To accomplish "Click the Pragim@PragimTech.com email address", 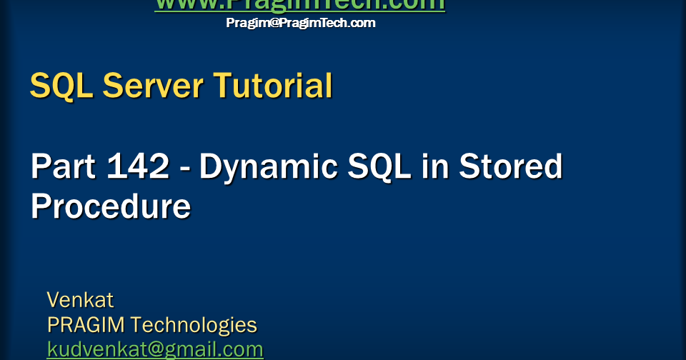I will (300, 23).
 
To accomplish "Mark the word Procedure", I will (111, 207).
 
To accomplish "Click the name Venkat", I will (80, 299).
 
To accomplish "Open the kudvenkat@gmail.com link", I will (155, 349).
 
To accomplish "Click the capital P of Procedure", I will (41, 207).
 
